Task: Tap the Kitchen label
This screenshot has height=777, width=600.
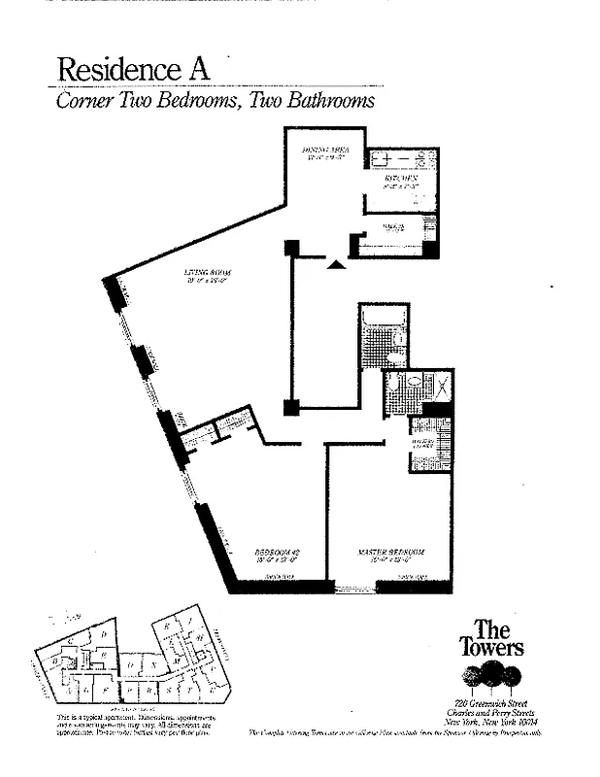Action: [399, 181]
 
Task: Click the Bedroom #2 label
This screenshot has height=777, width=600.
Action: [274, 554]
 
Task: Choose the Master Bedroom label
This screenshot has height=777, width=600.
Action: [389, 554]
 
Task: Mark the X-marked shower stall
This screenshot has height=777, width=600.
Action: [438, 388]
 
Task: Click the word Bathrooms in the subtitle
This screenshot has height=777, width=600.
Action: [312, 100]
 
